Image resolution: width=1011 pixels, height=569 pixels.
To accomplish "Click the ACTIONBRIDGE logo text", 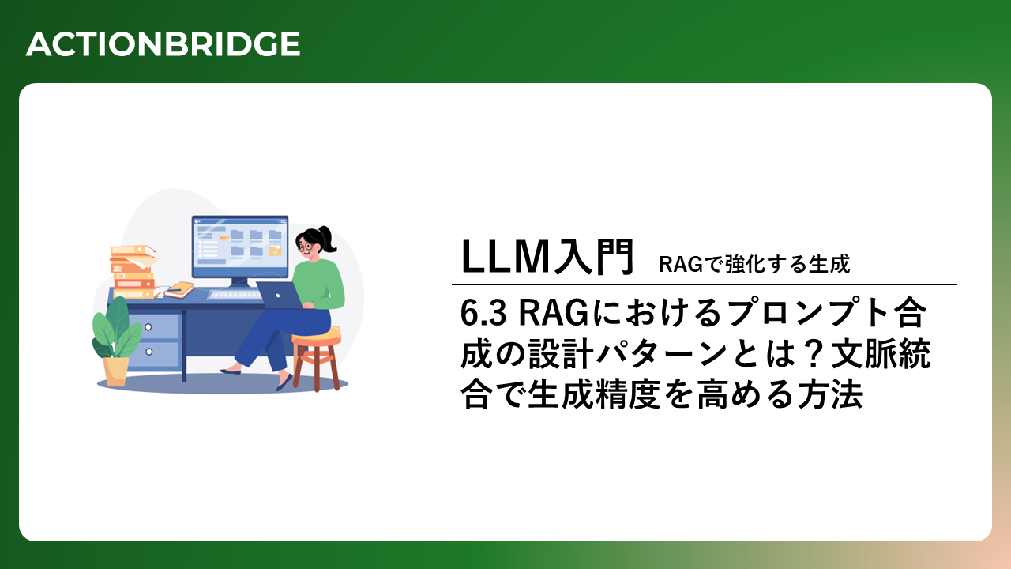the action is point(163,44).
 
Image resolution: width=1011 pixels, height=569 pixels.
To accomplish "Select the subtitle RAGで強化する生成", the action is point(754,264).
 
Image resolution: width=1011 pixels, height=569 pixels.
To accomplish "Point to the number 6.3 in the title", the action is point(483,313).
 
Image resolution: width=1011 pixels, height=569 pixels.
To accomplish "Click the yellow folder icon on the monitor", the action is point(274,251).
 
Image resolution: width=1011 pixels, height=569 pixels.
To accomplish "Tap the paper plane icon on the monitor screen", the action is point(223,237).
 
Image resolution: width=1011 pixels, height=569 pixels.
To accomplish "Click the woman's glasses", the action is point(305,247).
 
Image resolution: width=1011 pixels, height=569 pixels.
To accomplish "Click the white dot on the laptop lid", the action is point(278,296).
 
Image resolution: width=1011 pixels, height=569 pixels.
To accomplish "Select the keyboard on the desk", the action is point(235,295).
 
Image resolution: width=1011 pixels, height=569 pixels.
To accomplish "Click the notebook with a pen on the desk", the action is point(179,289).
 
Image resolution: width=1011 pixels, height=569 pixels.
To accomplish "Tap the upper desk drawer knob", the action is point(148,327).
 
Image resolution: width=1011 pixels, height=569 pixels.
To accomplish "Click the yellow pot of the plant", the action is point(116,371).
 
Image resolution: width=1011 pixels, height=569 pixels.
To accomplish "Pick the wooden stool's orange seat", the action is point(316,337).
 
